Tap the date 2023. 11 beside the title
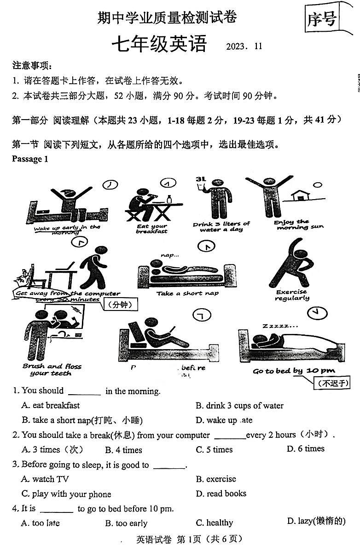[244, 46]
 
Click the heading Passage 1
[30, 159]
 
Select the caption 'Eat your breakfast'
[152, 229]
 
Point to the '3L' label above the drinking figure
[200, 179]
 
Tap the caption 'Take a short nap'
[187, 293]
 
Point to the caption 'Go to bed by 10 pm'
[294, 371]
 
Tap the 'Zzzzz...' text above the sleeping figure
[280, 326]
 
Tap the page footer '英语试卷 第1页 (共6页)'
[189, 539]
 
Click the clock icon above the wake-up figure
[110, 184]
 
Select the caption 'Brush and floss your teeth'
[52, 370]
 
